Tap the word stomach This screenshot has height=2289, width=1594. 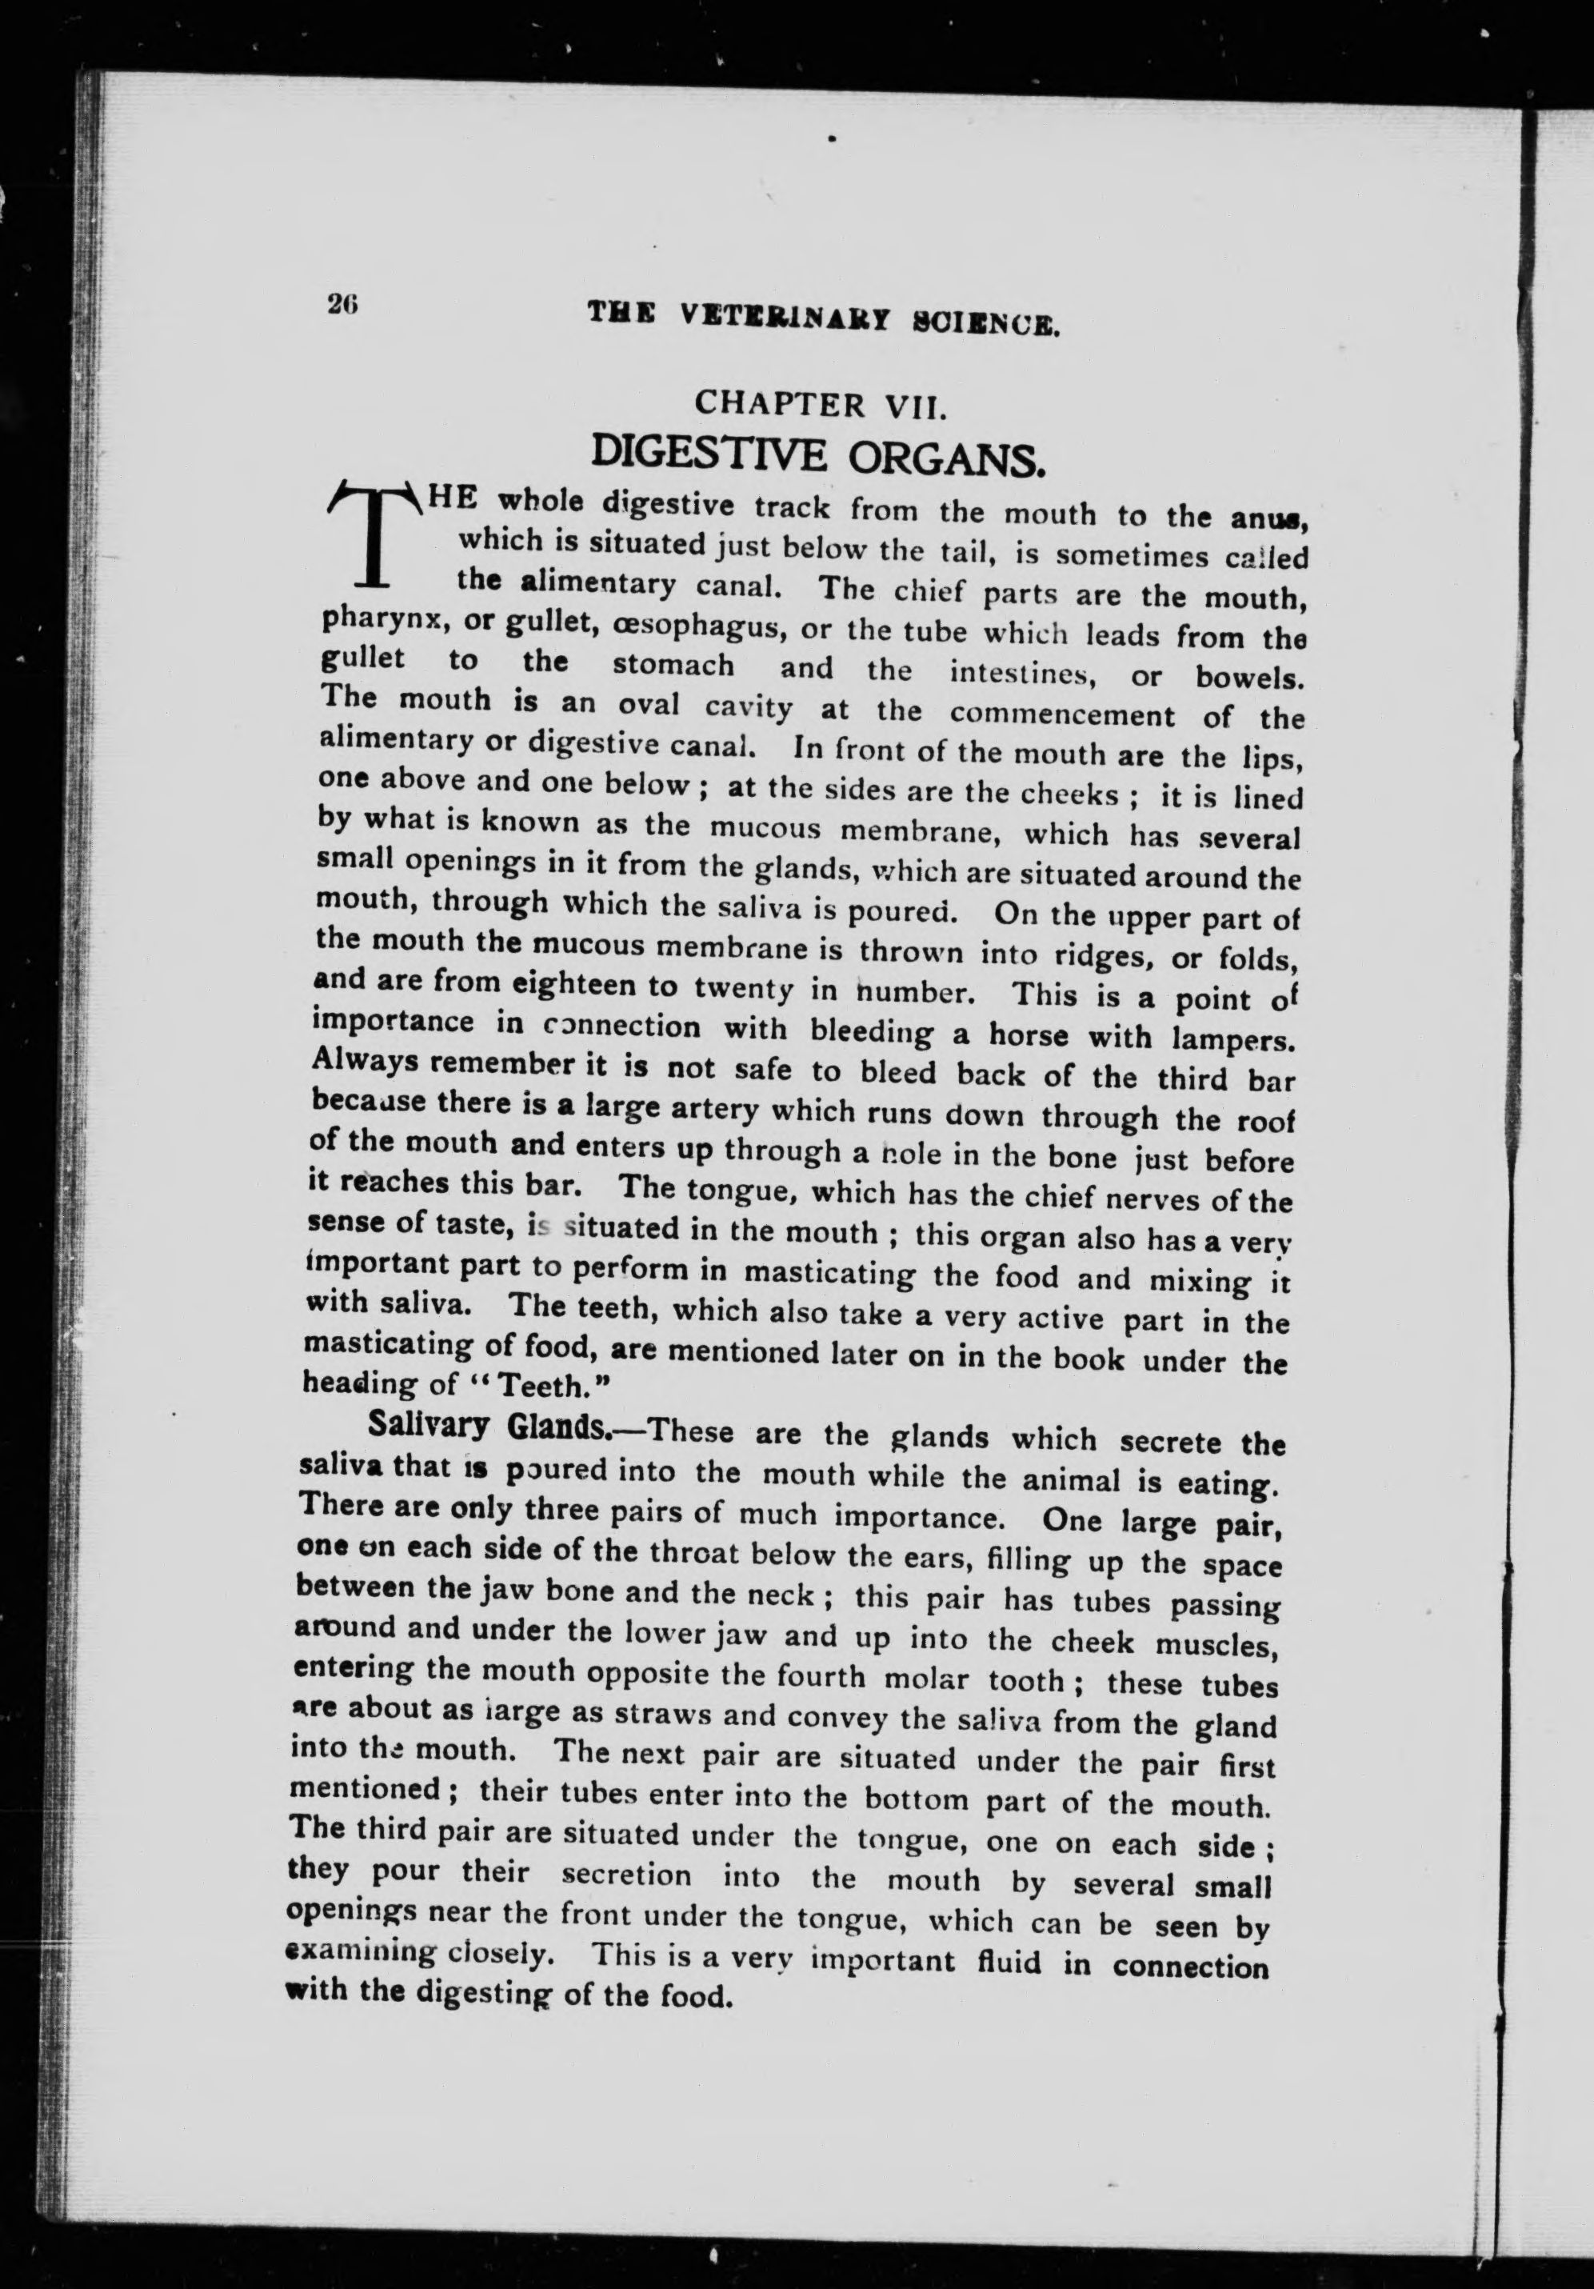673,666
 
